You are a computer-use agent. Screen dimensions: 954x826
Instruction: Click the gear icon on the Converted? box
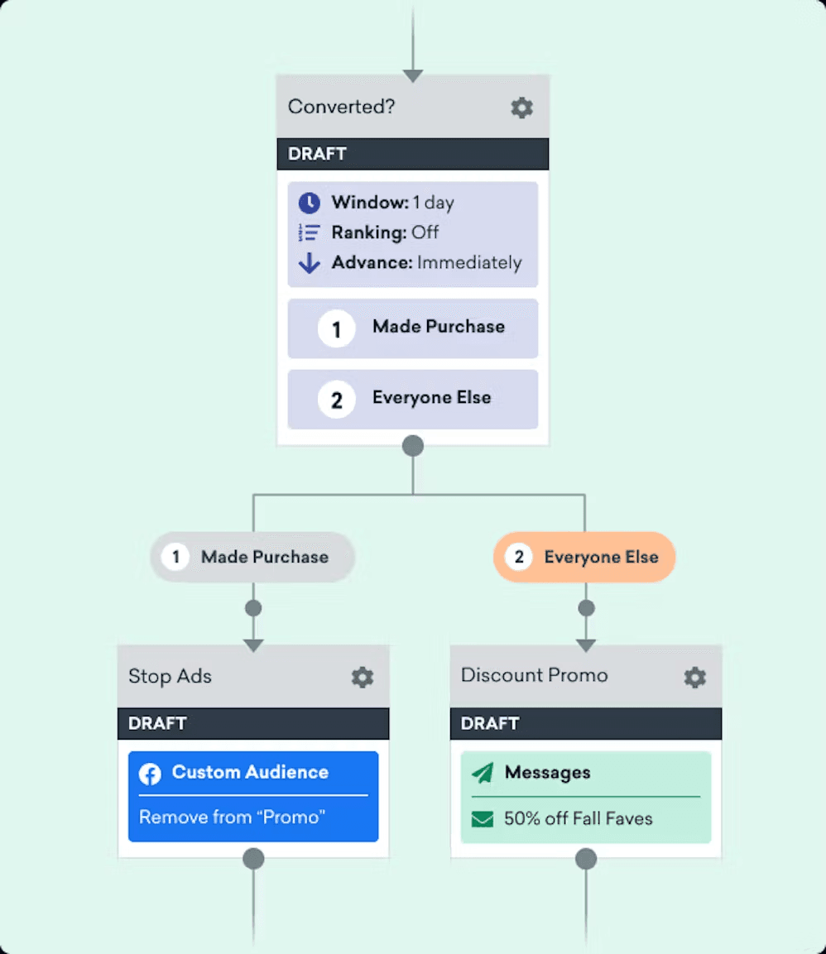521,108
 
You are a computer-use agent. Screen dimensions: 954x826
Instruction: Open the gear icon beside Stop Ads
363,678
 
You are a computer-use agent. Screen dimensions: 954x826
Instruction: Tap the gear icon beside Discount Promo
694,678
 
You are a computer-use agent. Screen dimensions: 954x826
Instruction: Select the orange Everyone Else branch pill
584,557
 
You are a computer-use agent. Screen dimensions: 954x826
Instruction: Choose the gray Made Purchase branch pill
252,557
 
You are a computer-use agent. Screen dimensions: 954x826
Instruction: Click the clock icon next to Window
310,203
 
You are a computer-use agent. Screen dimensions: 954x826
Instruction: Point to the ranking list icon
310,233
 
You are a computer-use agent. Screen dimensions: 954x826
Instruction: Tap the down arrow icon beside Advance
310,263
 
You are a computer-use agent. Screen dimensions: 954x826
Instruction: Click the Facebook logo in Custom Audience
150,774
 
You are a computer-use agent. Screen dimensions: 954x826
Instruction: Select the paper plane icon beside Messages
483,773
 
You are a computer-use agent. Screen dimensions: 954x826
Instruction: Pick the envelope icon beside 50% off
482,819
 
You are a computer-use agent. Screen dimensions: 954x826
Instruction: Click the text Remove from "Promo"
232,817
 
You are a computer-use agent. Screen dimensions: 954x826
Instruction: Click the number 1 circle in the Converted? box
336,329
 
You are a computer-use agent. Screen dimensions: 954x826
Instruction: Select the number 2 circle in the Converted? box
336,400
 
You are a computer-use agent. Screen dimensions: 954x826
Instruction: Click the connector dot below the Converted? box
412,446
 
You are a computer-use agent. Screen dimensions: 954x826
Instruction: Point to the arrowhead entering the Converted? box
412,76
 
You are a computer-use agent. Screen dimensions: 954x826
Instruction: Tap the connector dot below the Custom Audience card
253,858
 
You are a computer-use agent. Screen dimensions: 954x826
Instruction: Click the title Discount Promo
534,675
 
